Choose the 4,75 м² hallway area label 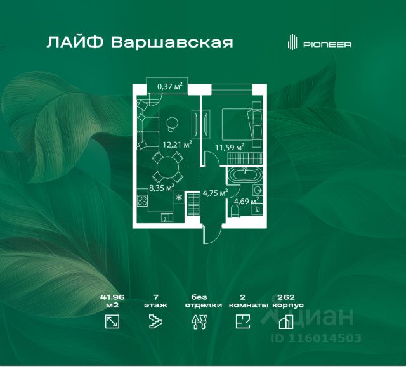[x=215, y=193]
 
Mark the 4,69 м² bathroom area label [x=246, y=202]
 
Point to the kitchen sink [x=165, y=219]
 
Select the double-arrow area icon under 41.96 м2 [x=112, y=322]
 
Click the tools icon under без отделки [x=199, y=322]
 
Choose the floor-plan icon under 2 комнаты [x=242, y=322]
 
